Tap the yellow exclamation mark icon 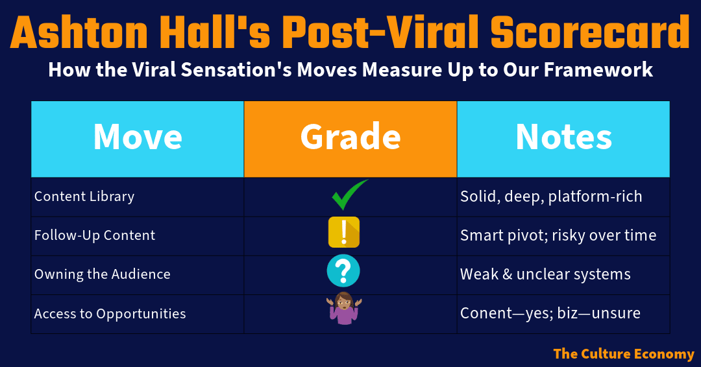pos(344,232)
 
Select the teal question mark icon pos(343,270)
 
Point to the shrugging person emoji pos(344,308)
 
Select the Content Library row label pos(84,196)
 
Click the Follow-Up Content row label pos(95,235)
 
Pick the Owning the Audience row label pos(103,274)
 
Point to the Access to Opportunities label pos(110,313)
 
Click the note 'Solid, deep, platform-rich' pos(551,197)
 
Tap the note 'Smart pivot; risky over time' pos(558,235)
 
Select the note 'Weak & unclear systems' pos(545,274)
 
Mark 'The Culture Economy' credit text pos(624,353)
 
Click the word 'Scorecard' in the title pos(590,32)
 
